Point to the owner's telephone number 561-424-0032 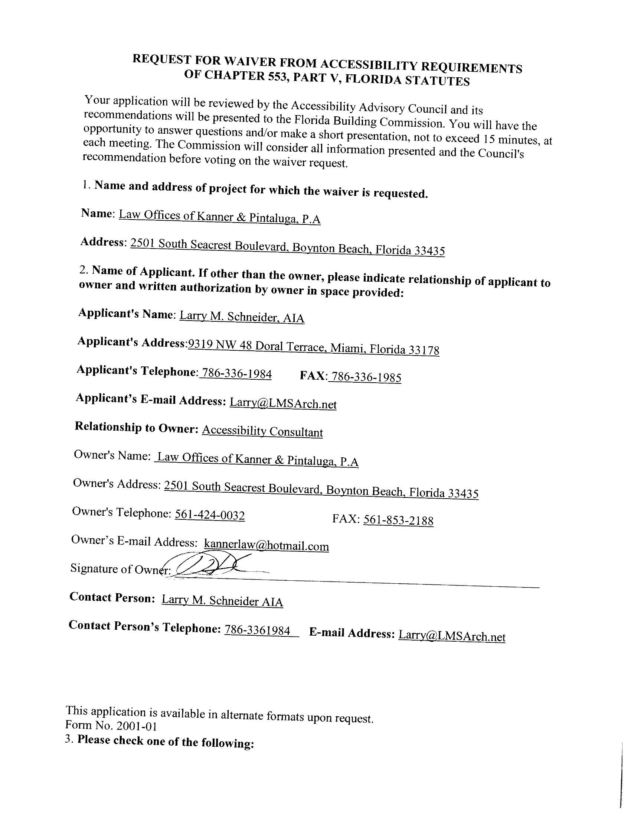[210, 515]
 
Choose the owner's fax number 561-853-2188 [398, 520]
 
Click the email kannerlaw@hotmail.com [267, 545]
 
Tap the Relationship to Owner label [136, 428]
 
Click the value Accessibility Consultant [262, 431]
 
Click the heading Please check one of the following [165, 742]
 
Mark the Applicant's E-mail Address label [150, 399]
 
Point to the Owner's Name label [112, 455]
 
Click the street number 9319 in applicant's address [200, 344]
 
